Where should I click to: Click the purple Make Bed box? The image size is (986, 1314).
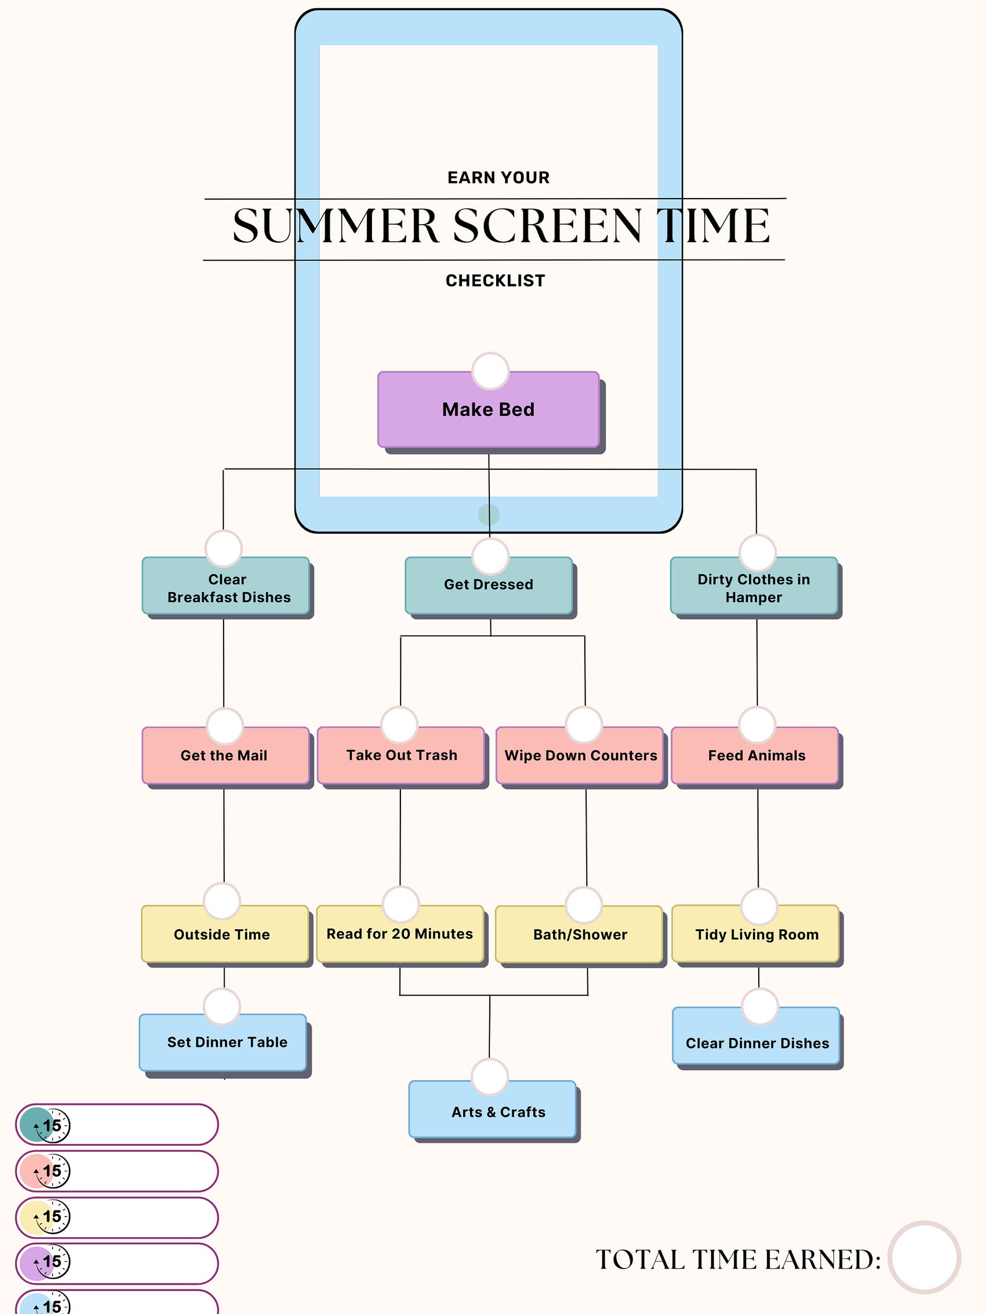tap(489, 410)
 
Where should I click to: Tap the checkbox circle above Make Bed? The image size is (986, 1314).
tap(491, 371)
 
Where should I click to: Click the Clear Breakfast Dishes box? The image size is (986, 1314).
tap(226, 589)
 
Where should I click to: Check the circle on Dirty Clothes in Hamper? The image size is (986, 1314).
tap(758, 552)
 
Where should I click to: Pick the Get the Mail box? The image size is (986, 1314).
tap(225, 757)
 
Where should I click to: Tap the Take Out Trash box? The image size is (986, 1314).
tap(401, 757)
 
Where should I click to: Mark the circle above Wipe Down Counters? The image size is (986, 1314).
tap(584, 725)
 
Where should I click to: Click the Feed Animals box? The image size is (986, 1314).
tap(756, 757)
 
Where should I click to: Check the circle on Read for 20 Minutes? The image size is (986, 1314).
tap(400, 904)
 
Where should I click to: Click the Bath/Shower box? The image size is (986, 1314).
tap(580, 936)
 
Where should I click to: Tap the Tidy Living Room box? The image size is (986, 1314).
tap(756, 936)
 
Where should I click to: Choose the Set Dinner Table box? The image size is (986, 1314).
tap(225, 1044)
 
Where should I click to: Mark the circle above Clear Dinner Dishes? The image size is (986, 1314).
tap(760, 1007)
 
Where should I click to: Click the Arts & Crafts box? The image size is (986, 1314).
tap(497, 1112)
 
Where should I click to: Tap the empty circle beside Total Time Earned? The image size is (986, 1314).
tap(924, 1257)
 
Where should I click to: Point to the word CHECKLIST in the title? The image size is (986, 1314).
tap(495, 281)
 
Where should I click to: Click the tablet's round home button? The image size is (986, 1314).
tap(489, 515)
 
